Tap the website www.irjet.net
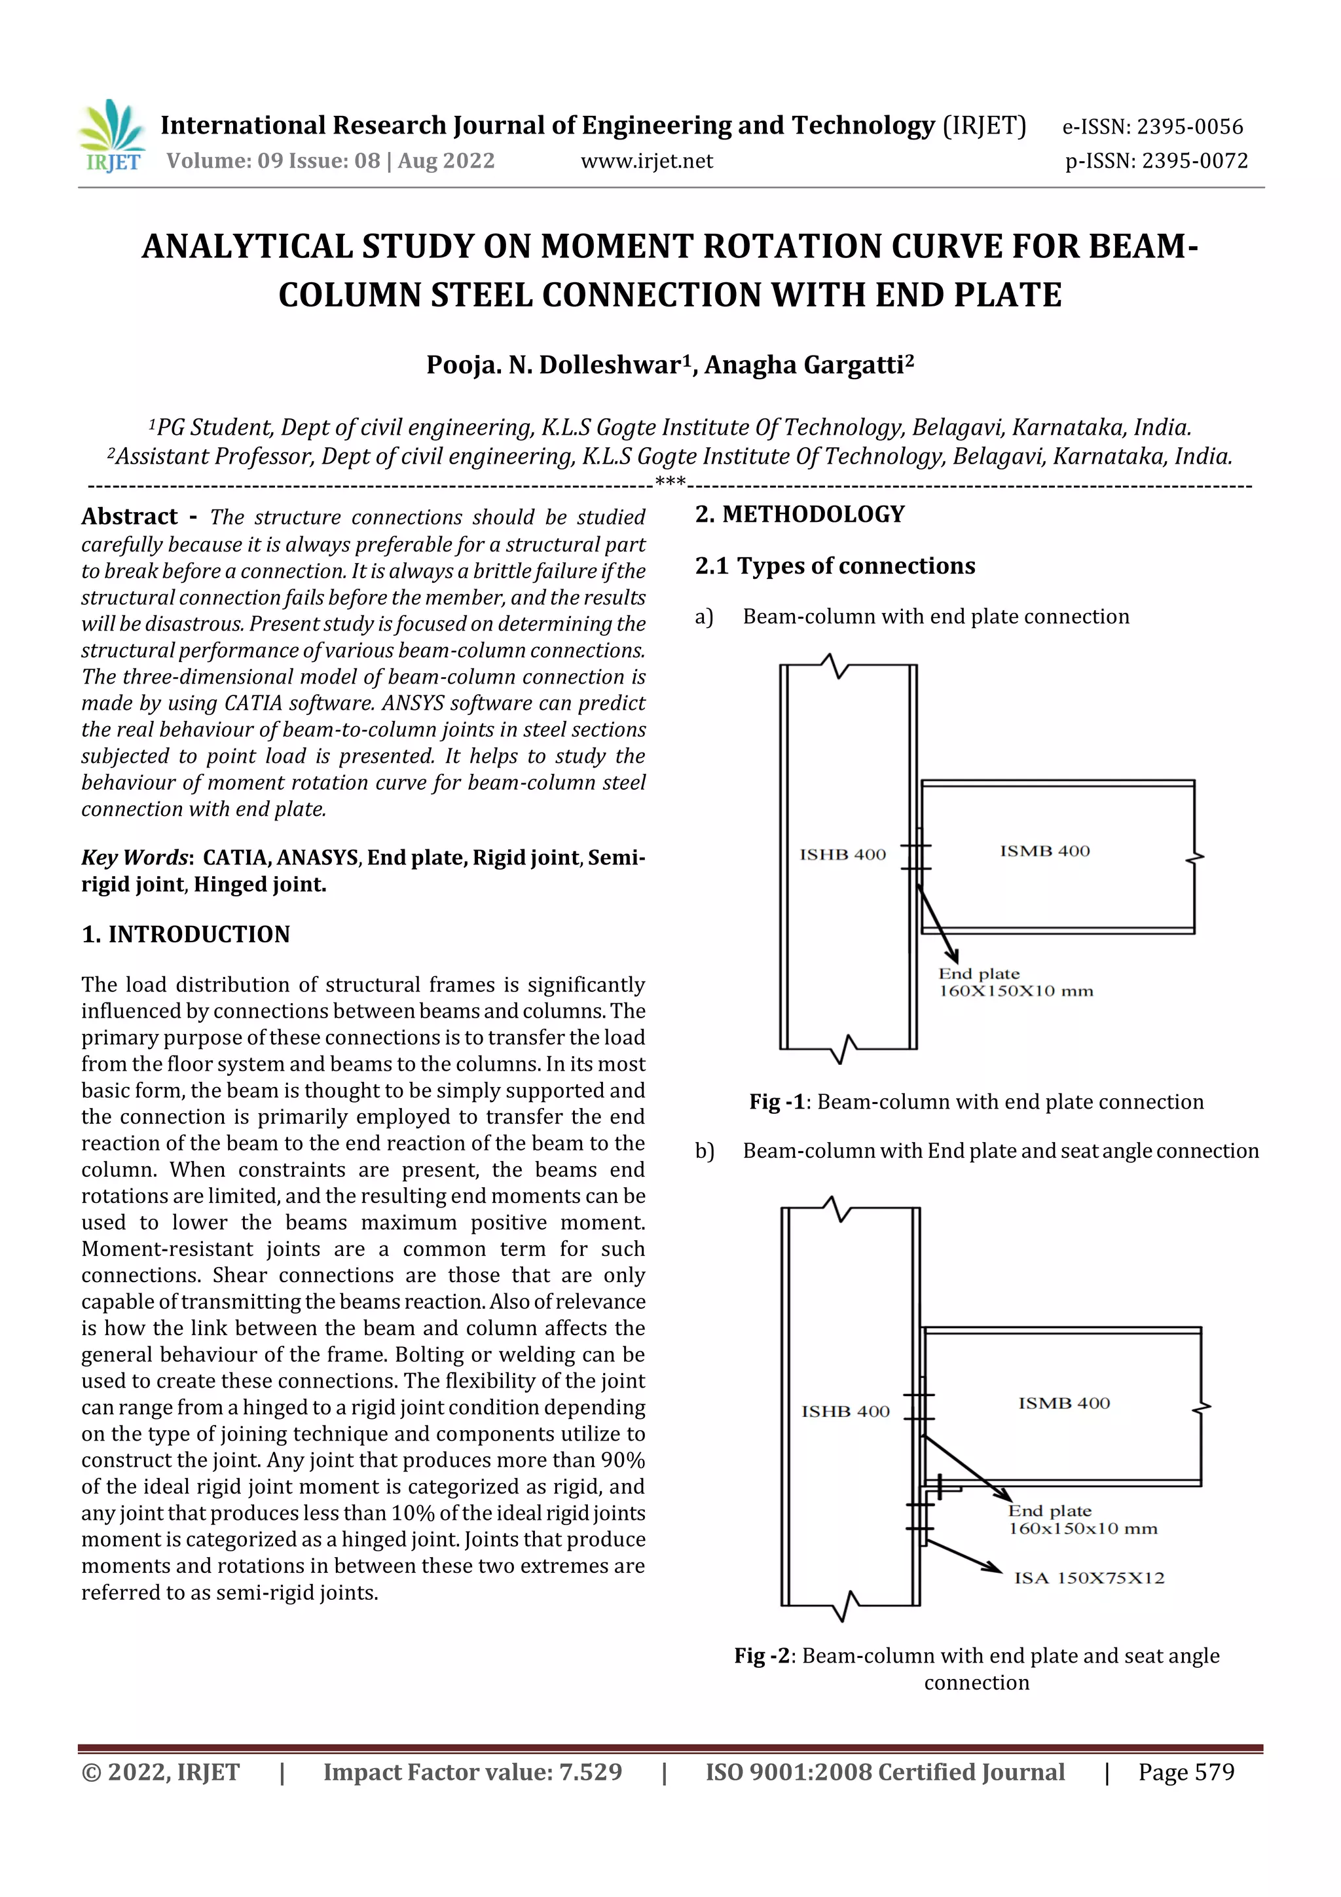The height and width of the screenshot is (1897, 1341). [646, 161]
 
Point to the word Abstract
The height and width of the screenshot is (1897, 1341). [130, 517]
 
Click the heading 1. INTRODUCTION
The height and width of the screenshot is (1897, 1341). [186, 934]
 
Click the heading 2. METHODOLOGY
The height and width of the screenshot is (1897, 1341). [799, 514]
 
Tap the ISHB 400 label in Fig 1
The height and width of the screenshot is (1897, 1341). [842, 855]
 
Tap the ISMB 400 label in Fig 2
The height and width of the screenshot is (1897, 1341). [1063, 1403]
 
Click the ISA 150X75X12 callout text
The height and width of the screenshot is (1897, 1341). [1089, 1578]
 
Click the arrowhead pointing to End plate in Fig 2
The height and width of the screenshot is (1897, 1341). [1004, 1495]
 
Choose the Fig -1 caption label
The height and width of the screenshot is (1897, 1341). [777, 1101]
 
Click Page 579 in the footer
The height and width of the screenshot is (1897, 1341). [1186, 1771]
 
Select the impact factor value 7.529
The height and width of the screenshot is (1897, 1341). [590, 1771]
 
